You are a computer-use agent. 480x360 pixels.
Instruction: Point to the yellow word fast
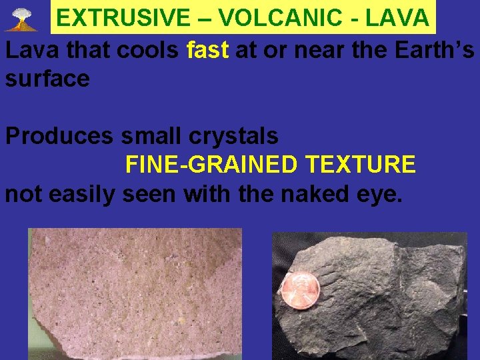click(208, 49)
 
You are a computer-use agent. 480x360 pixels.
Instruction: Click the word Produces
click(59, 136)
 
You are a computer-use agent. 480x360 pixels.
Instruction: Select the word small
click(151, 136)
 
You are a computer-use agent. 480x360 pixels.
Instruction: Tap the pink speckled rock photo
click(133, 293)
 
